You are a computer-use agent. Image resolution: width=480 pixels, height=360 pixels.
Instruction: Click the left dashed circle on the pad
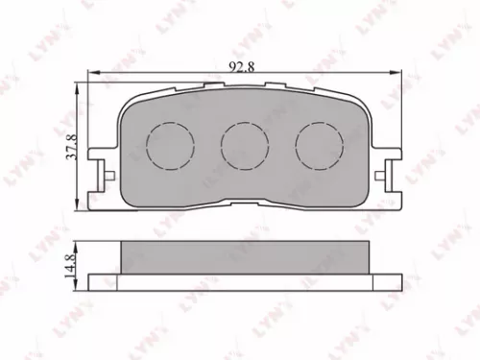click(165, 145)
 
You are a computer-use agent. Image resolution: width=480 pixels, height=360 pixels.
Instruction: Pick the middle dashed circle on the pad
click(240, 145)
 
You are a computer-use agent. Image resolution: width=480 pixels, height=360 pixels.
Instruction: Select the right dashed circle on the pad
click(314, 145)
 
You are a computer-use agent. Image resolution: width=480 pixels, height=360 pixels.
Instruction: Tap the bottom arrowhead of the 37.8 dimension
click(78, 205)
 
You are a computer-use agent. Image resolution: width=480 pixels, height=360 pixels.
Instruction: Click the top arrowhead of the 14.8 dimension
click(78, 242)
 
